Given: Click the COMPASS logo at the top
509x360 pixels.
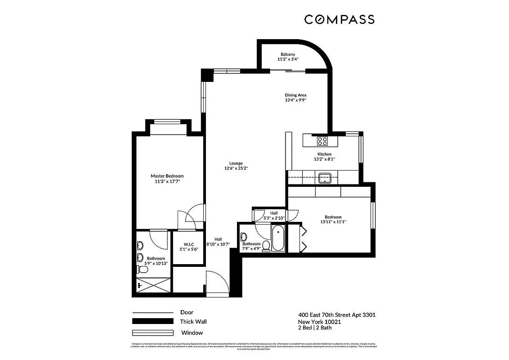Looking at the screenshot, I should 339,19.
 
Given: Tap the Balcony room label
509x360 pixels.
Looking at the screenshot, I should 288,54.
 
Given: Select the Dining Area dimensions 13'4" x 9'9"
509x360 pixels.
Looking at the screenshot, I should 295,100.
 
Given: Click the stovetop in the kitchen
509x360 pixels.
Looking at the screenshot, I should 322,141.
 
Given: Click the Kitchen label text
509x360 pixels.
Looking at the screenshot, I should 324,154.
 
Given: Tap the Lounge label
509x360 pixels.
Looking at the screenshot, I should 236,163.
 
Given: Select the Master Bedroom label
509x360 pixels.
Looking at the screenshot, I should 167,176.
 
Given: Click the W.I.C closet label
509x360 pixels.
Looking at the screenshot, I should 188,244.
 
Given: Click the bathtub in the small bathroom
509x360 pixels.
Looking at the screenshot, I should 278,238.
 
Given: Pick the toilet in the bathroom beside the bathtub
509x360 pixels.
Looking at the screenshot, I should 266,246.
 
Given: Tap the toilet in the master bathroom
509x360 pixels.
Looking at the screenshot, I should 143,269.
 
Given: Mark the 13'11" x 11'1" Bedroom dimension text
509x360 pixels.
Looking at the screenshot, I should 333,221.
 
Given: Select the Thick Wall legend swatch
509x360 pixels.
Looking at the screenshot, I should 152,321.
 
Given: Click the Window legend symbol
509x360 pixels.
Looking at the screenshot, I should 152,333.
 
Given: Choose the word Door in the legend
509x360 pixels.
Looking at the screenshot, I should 187,312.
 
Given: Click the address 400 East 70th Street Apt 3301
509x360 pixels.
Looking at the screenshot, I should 337,315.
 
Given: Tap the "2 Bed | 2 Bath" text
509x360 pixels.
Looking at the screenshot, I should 315,328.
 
